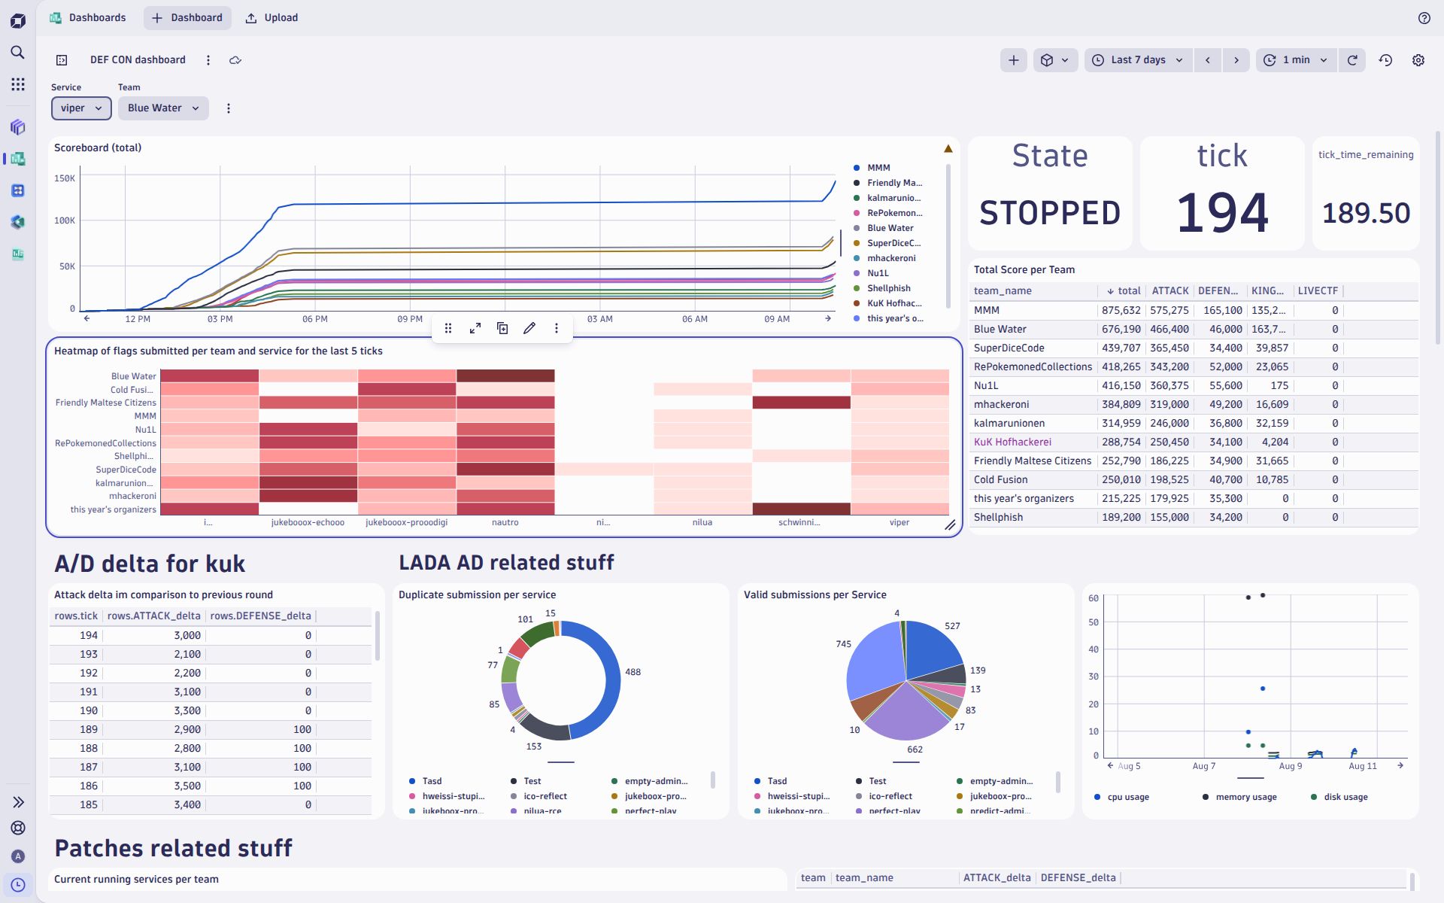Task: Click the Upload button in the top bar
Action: [272, 18]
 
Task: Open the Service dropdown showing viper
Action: [81, 108]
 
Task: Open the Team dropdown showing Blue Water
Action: [162, 108]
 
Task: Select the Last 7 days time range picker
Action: [1138, 60]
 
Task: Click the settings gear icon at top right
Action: [1418, 60]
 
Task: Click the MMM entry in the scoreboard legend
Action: [878, 168]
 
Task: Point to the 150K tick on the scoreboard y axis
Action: [65, 178]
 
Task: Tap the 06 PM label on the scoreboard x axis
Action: [315, 319]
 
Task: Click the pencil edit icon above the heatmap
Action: [529, 328]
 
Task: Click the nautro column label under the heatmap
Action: [505, 522]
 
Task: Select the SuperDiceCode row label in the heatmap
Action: [126, 470]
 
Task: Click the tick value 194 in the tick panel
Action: [1222, 213]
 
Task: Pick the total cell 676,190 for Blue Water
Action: [1121, 329]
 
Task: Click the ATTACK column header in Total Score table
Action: [1170, 290]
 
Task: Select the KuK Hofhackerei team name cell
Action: [1012, 442]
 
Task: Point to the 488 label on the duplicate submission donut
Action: [633, 672]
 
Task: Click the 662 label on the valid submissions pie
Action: [915, 749]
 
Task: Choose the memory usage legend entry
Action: [1245, 797]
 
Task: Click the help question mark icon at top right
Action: [1424, 18]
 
